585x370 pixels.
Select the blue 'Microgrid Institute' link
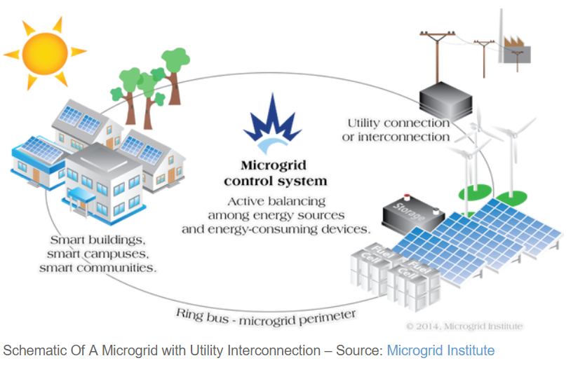[x=441, y=350]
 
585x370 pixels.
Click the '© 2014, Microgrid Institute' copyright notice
[x=464, y=327]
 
